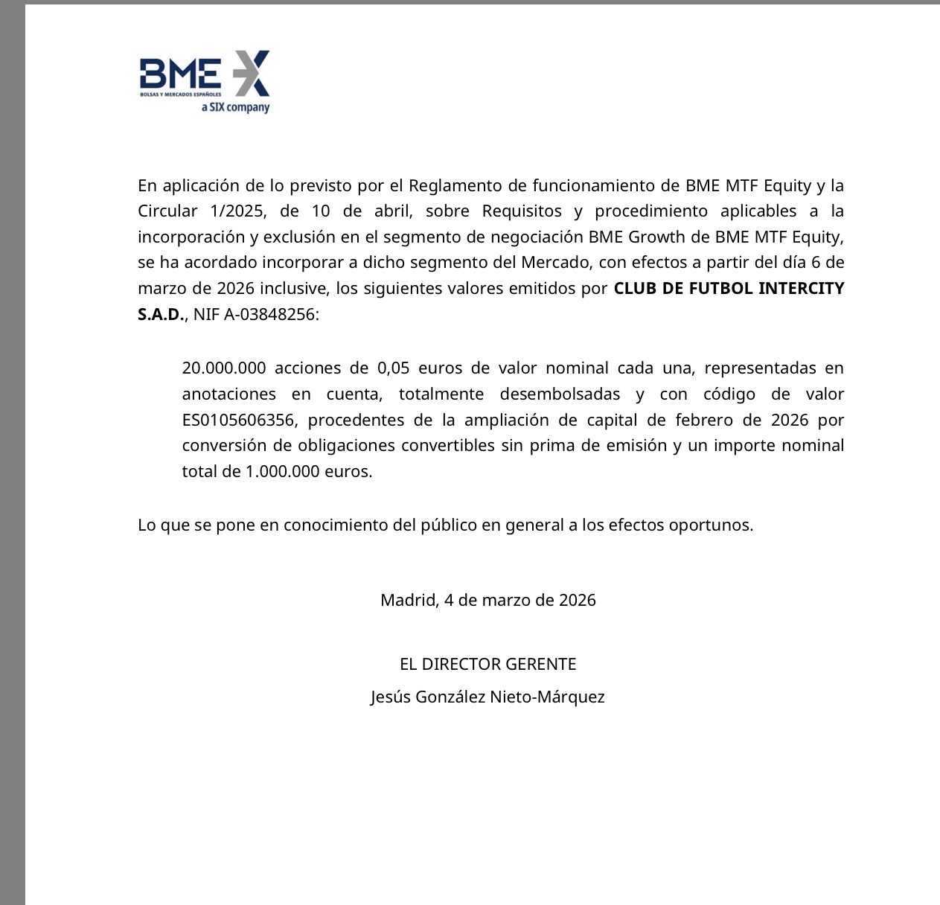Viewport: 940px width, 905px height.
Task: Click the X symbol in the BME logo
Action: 250,73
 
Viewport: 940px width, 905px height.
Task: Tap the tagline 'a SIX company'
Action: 235,107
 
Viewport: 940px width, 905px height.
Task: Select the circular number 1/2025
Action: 237,211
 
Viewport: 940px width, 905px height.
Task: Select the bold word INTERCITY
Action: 801,289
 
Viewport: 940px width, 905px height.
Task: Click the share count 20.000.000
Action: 224,368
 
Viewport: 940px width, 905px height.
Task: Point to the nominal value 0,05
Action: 393,368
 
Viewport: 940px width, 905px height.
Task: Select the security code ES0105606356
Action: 238,420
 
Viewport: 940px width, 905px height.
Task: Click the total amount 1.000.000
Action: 282,472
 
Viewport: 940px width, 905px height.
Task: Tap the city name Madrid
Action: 409,601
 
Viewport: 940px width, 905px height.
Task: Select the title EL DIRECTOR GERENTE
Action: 487,665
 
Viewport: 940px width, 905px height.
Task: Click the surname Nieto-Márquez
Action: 547,697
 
